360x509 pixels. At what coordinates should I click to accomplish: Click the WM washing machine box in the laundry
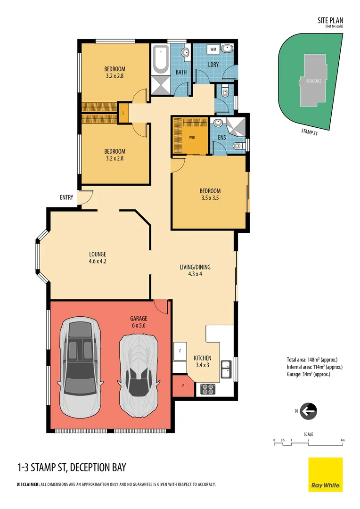[x=213, y=49]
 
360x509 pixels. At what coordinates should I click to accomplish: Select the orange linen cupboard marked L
[x=123, y=113]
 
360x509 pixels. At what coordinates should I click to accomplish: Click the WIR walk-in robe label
[x=192, y=137]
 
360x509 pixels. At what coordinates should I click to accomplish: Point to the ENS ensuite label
[x=221, y=138]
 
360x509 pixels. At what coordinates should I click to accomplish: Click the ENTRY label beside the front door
[x=66, y=197]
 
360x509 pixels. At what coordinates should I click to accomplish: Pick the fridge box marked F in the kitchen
[x=180, y=351]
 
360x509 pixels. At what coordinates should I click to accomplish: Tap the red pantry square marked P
[x=183, y=386]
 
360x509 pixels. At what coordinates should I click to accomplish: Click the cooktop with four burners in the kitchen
[x=208, y=389]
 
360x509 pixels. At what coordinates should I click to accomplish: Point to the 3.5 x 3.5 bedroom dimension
[x=210, y=198]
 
